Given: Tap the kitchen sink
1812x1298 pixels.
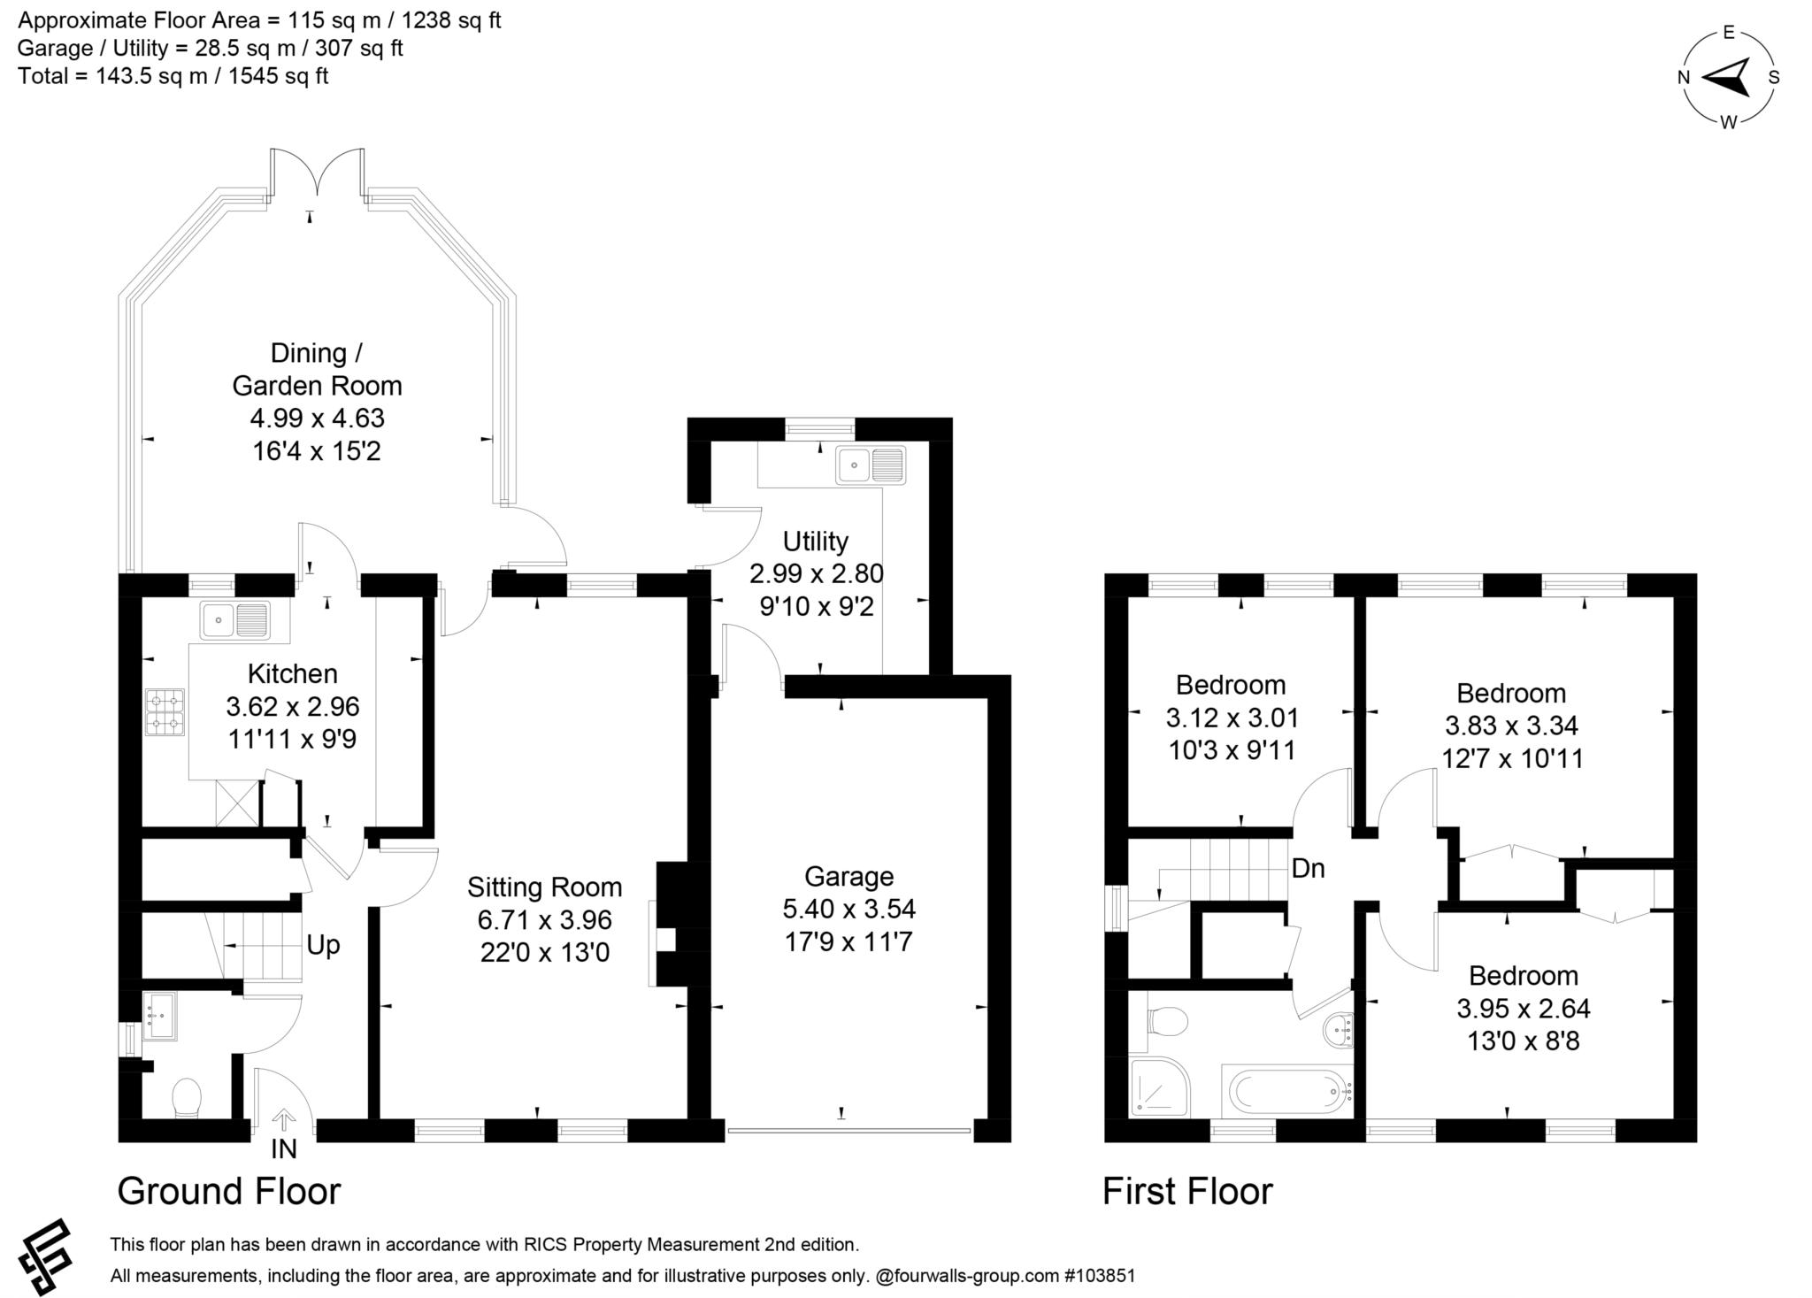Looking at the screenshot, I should click(x=234, y=619).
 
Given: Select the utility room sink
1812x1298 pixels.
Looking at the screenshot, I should click(x=871, y=465).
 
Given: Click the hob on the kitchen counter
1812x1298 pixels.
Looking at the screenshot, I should click(x=165, y=712).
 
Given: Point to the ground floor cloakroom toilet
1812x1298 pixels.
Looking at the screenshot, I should click(x=188, y=1097).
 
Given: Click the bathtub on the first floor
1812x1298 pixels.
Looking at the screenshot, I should click(x=1288, y=1092).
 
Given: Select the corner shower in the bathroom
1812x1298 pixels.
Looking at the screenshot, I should click(x=1159, y=1087).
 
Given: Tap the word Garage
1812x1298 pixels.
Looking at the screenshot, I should click(x=848, y=876).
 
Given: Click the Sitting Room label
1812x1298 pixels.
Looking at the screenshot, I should click(x=544, y=887).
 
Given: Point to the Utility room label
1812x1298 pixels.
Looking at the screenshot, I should click(x=815, y=541).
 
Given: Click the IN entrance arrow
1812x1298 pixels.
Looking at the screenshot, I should click(x=283, y=1120).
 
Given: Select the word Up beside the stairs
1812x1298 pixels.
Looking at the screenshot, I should click(x=323, y=945).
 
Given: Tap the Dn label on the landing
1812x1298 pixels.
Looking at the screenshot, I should click(x=1308, y=869).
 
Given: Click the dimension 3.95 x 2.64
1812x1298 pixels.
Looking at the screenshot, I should click(x=1523, y=1008).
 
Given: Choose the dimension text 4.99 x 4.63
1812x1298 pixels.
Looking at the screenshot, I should click(x=317, y=418).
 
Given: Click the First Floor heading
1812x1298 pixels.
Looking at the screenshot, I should click(x=1186, y=1191).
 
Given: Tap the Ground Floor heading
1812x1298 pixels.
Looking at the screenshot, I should click(x=228, y=1191).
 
